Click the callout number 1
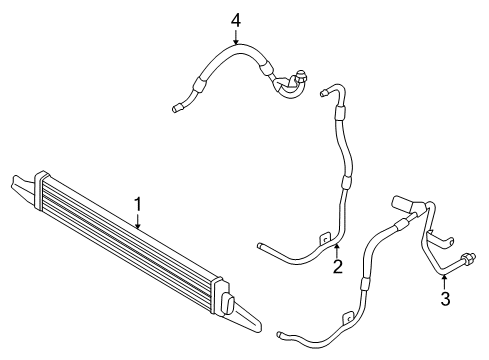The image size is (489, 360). [139, 204]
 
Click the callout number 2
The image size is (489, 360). [338, 266]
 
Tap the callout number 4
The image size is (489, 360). [236, 20]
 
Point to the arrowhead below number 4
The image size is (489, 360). [236, 45]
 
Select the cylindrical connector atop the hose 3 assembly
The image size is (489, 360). [402, 205]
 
